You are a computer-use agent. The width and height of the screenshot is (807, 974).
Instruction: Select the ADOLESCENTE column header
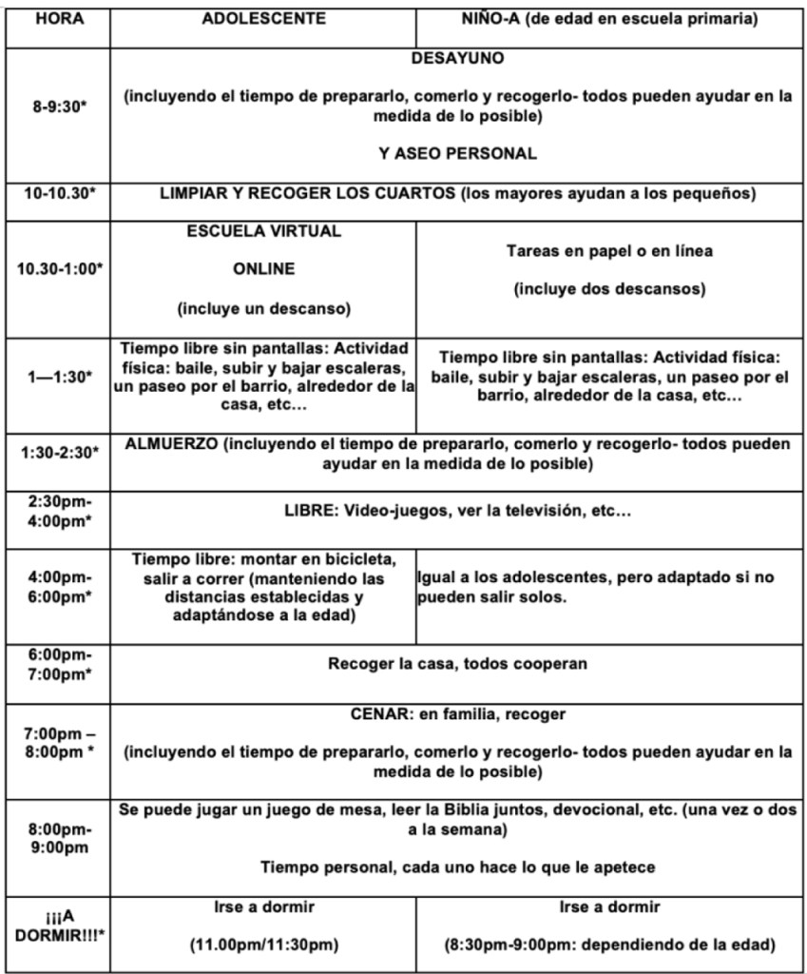click(263, 18)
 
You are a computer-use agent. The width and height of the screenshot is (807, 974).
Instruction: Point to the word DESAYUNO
click(457, 59)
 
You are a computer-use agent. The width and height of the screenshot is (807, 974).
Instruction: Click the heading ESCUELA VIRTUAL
click(263, 231)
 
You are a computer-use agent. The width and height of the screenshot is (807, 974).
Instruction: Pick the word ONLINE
click(263, 269)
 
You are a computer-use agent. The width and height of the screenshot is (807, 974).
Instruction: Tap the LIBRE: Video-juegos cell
click(457, 512)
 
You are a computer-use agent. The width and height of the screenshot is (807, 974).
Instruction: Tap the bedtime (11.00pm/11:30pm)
click(263, 946)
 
